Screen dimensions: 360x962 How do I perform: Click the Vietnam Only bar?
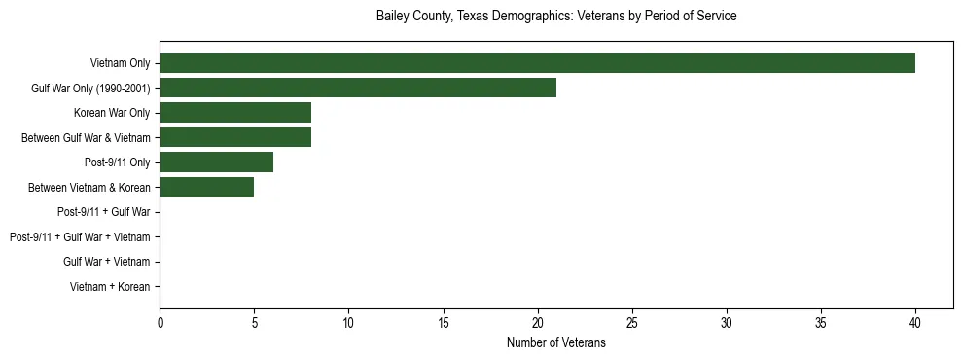[x=537, y=63]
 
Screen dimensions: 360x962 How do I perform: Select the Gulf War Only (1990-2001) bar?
[x=358, y=88]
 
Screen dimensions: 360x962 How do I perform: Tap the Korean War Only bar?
[x=235, y=113]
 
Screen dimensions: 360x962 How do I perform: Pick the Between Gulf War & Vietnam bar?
[x=235, y=137]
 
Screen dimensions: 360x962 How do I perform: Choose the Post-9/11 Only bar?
[x=216, y=162]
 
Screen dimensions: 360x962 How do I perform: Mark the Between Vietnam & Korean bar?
[x=207, y=187]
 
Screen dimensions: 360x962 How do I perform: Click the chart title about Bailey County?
[x=556, y=17]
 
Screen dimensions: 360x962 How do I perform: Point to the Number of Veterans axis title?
[x=556, y=342]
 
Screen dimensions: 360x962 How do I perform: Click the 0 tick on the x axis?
[x=160, y=323]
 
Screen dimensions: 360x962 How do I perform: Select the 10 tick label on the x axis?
[x=348, y=323]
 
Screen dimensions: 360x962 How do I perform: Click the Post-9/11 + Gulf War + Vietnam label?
[x=80, y=236]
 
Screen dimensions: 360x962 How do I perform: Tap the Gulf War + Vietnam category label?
[x=106, y=262]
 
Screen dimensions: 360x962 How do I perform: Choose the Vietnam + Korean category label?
[x=110, y=286]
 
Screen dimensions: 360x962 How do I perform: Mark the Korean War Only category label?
[x=112, y=113]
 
